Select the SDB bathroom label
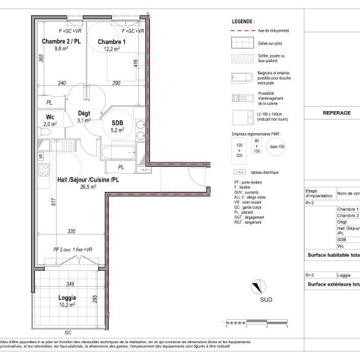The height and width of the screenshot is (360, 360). (x=118, y=123)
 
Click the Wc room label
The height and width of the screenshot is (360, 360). (x=48, y=117)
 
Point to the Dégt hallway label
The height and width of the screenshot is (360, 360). (x=83, y=112)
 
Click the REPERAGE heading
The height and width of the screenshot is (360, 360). (x=335, y=112)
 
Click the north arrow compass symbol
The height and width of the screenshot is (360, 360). (x=257, y=286)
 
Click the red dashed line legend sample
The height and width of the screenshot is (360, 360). (x=243, y=30)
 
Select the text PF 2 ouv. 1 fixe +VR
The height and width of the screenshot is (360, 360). (x=73, y=249)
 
